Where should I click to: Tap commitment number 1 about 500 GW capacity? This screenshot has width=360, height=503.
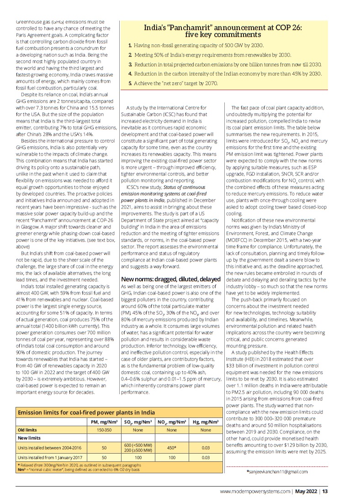[196, 46]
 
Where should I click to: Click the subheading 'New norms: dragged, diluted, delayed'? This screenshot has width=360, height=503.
[170, 279]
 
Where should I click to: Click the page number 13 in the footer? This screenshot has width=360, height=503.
[325, 492]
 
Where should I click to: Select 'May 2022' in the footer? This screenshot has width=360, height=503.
[306, 492]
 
